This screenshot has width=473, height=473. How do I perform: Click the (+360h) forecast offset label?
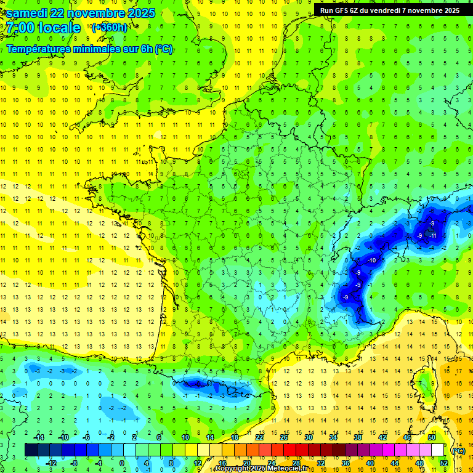coord(110,28)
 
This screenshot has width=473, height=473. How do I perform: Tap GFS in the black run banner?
coord(341,10)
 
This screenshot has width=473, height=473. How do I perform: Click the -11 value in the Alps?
coord(433,235)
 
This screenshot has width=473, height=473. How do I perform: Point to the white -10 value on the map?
coord(371,261)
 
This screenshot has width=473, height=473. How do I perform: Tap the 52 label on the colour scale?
coord(444,463)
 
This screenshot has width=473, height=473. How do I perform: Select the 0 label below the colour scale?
coord(121,463)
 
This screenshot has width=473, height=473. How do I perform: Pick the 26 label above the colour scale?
coord(284,437)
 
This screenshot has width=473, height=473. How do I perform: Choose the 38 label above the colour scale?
coord(358,437)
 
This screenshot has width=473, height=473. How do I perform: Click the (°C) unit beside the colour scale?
coord(459,451)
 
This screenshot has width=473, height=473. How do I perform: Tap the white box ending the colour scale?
coord(437,450)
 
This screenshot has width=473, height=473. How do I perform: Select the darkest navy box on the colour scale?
coord(31,450)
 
